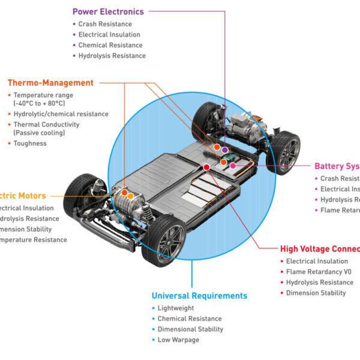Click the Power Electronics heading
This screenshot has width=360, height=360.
[108, 11]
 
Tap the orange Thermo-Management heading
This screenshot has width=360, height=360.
[50, 83]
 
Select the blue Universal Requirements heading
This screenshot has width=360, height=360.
[199, 296]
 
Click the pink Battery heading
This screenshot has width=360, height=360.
[337, 166]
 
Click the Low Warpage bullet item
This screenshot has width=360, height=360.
[178, 340]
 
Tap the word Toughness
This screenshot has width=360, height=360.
[30, 143]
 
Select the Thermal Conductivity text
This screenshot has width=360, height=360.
[47, 125]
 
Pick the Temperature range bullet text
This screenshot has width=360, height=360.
[43, 95]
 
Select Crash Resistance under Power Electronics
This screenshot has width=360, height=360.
[105, 24]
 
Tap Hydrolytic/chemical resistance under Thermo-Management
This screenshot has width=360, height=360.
[61, 114]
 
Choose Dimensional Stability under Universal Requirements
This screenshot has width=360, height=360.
[190, 329]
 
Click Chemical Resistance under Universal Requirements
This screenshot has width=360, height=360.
[190, 319]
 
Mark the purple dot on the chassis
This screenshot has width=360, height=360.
[224, 150]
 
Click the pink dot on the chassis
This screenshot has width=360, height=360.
[233, 165]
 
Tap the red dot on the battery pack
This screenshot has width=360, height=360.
[206, 167]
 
